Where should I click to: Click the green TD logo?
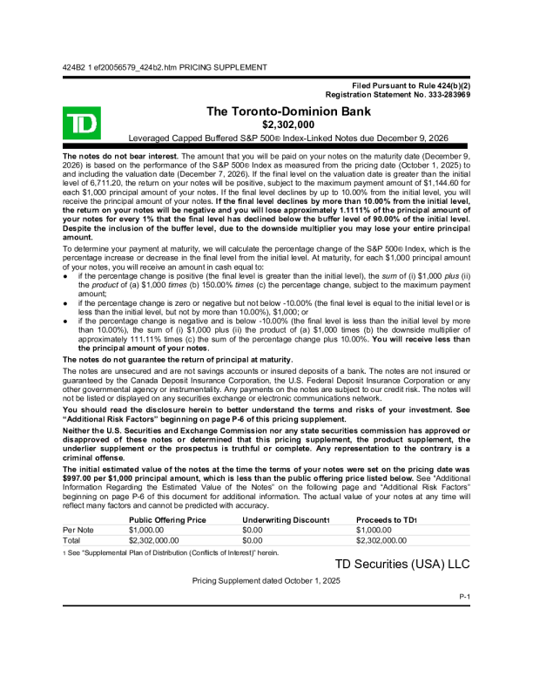pyautogui.click(x=81, y=123)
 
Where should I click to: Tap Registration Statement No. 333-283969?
pyautogui.click(x=397, y=94)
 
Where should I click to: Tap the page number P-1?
pyautogui.click(x=464, y=596)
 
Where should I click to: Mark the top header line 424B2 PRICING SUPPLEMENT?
pyautogui.click(x=165, y=67)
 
